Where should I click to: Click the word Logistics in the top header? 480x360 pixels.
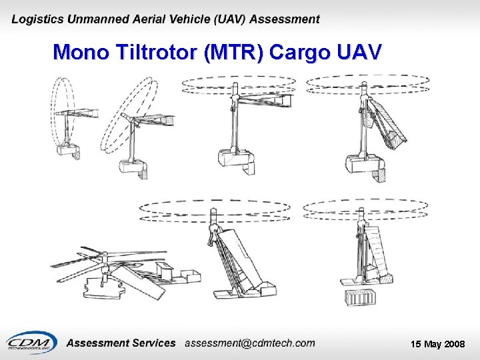pos(38,20)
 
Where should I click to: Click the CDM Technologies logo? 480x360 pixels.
pos(31,343)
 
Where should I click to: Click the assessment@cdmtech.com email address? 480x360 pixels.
pos(249,343)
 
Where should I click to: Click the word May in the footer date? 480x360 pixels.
pos(431,344)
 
